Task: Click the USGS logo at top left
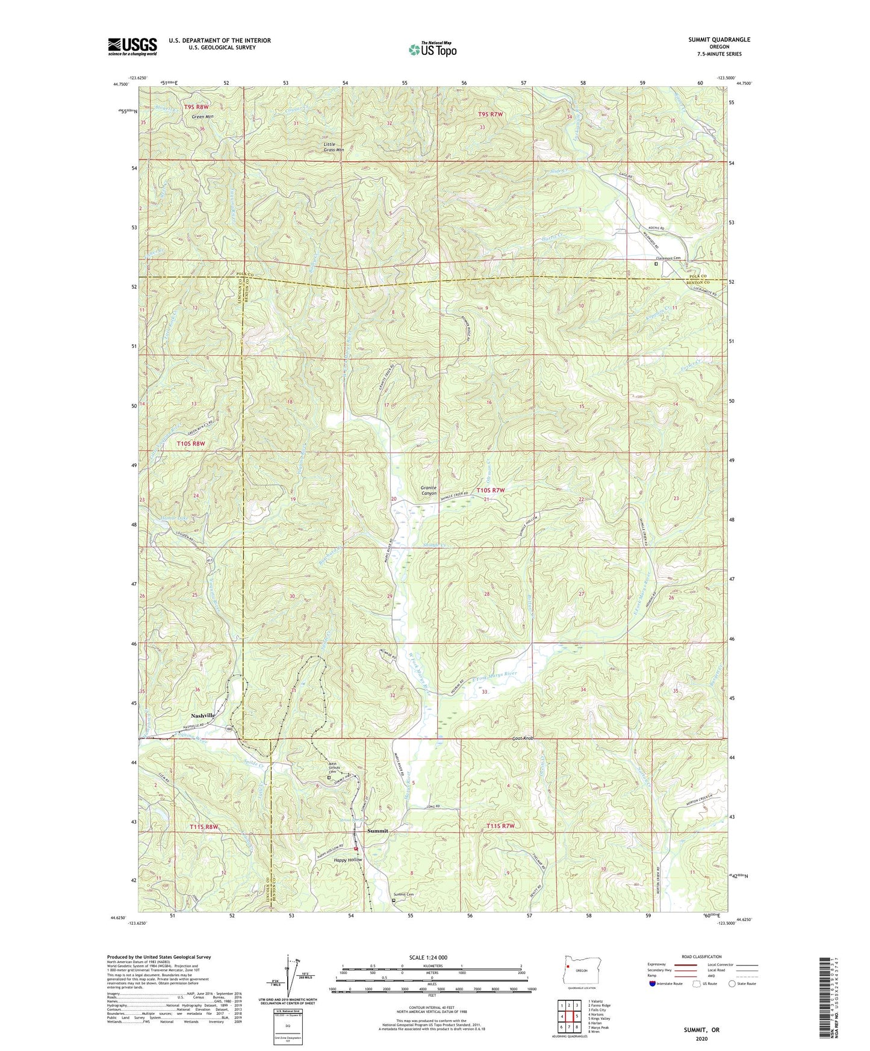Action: coord(132,46)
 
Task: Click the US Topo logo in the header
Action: coord(432,49)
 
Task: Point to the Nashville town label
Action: coord(202,715)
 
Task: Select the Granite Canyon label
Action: coord(428,490)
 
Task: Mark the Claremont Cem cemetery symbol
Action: coord(656,264)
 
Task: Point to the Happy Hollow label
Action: coord(348,860)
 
